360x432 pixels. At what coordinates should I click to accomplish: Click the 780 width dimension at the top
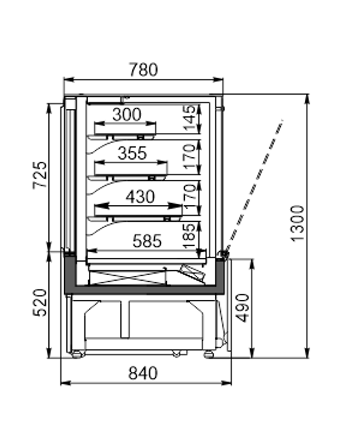coord(143,70)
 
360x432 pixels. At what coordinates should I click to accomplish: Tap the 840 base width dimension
coord(143,373)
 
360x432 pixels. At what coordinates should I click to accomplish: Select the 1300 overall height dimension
coord(298,223)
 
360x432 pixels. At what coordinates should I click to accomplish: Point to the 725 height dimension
coord(40,175)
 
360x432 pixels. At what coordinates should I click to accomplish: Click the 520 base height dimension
coord(40,303)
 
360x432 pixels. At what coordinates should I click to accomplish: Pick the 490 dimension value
coord(243,308)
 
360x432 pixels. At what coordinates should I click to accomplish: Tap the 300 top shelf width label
coord(127,114)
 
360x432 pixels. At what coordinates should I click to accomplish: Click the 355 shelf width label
coord(132,153)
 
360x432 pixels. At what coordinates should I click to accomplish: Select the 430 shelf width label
coord(140,196)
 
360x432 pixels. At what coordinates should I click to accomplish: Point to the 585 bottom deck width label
coord(147,241)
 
